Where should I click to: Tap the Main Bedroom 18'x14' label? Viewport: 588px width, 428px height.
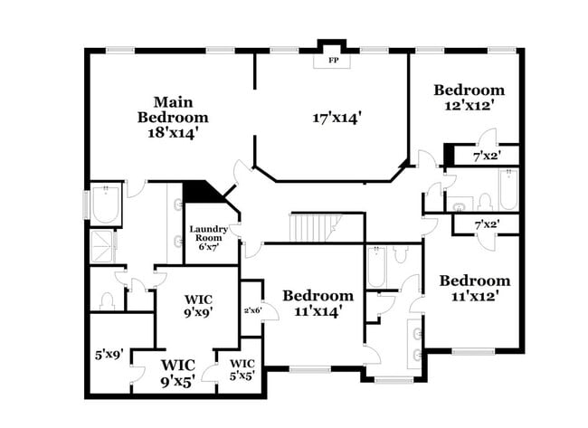click(x=173, y=117)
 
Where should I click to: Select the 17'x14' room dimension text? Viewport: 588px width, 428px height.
click(x=337, y=118)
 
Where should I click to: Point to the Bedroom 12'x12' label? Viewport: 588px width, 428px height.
click(x=468, y=97)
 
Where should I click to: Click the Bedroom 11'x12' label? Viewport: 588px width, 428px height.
click(x=475, y=288)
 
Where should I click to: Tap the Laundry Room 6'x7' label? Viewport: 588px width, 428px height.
click(x=209, y=237)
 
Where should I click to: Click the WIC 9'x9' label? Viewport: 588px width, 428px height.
click(x=198, y=306)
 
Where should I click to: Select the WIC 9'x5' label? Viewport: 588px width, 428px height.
click(x=177, y=372)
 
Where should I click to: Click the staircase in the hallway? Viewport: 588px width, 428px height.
click(x=313, y=227)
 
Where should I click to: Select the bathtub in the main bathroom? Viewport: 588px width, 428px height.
click(x=106, y=205)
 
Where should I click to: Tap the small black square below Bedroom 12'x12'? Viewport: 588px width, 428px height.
click(x=449, y=155)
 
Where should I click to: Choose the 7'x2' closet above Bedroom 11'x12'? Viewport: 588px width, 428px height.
click(x=493, y=223)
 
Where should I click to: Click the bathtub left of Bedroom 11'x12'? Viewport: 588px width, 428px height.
click(x=378, y=269)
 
